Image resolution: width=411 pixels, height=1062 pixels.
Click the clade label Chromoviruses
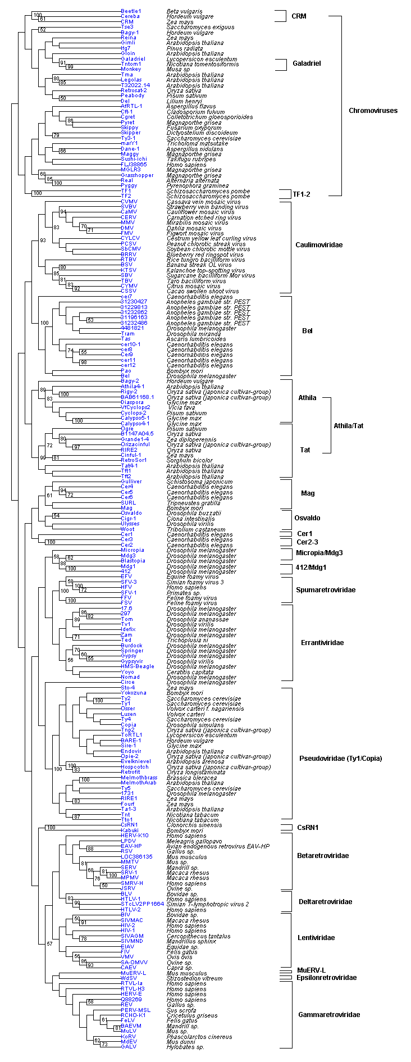click(x=373, y=111)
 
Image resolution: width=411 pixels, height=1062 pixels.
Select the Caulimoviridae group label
click(x=318, y=245)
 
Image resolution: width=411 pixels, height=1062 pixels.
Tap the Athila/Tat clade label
click(x=348, y=426)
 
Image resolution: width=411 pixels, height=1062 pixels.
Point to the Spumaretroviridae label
click(x=326, y=590)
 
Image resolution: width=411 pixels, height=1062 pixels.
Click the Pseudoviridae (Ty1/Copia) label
click(x=340, y=759)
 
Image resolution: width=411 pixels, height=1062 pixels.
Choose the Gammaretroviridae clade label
click(x=329, y=1015)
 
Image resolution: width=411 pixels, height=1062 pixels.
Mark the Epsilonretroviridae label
click(x=327, y=978)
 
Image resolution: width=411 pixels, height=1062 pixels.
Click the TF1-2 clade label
click(x=302, y=194)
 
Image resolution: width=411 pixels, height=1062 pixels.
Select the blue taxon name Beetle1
click(x=131, y=11)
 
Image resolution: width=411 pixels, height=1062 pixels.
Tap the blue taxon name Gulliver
click(x=131, y=482)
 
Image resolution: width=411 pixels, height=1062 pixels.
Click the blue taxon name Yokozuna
click(x=134, y=693)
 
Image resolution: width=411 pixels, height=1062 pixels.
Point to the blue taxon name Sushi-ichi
click(x=134, y=159)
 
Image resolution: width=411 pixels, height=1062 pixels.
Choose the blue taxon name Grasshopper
click(x=137, y=175)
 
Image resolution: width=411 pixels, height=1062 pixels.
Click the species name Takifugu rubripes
click(x=190, y=159)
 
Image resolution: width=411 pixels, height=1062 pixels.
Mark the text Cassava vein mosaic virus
click(x=203, y=202)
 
